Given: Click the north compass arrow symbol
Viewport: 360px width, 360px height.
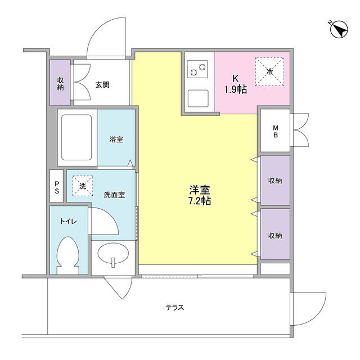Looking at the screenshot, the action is [x=339, y=29].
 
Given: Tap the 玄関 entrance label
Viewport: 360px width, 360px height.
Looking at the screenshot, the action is [x=102, y=85].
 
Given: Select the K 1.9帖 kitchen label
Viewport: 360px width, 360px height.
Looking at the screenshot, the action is [x=236, y=84].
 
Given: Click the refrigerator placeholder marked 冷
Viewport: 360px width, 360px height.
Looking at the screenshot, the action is [x=269, y=71].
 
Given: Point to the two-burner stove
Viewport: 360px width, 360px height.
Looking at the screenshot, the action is [x=197, y=69].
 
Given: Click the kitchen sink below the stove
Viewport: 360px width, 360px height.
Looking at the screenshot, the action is [x=198, y=98].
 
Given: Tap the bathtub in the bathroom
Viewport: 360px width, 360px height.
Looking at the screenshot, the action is [x=77, y=137].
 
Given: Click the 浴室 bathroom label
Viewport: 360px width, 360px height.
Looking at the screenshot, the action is [x=116, y=139].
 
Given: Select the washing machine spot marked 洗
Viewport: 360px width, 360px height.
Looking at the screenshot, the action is [x=83, y=186].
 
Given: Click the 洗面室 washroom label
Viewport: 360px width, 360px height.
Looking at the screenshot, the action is [x=114, y=195].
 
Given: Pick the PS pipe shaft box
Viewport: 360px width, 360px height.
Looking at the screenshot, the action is [x=56, y=186].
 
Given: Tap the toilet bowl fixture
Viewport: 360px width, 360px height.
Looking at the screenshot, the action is [x=68, y=255].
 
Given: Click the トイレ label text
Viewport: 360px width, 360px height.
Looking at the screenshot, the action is [x=69, y=221].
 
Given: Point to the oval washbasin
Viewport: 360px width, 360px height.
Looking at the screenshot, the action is [x=113, y=254].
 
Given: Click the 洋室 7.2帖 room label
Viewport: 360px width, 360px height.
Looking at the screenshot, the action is [x=200, y=195].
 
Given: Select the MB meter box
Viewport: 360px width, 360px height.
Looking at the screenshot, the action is [x=275, y=130].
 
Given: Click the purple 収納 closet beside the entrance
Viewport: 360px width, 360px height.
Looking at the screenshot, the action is [x=60, y=83].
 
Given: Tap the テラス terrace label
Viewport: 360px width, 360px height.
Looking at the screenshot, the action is [x=175, y=307].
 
